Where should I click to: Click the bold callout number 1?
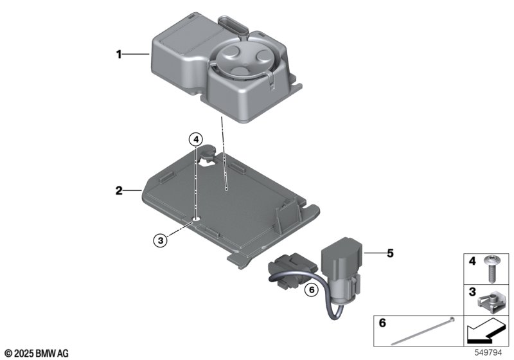point(119,54)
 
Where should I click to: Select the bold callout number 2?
point(119,190)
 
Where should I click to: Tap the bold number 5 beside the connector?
point(390,253)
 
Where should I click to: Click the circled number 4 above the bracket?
point(196,139)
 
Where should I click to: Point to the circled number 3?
point(160,240)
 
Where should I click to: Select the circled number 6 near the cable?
point(312,289)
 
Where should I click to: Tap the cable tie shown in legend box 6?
point(422,331)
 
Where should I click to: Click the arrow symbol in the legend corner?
point(485,331)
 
